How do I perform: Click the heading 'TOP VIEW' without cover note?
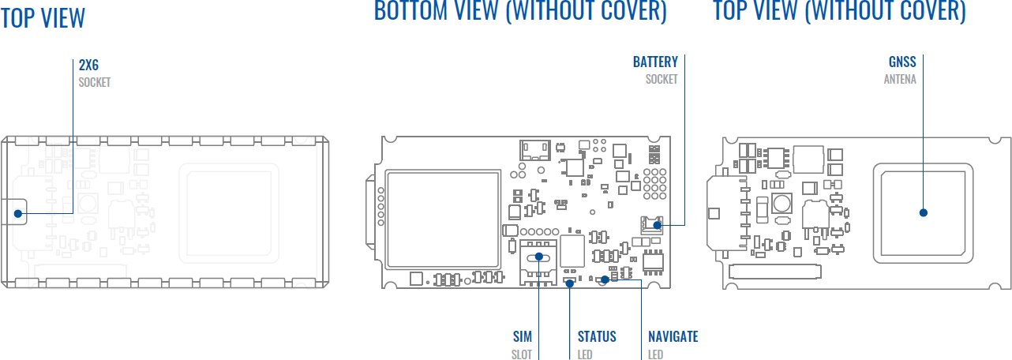[x=43, y=17]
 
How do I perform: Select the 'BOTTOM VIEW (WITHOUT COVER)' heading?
[x=520, y=11]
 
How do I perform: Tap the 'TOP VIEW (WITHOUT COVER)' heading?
[x=839, y=11]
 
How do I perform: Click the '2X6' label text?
[x=88, y=66]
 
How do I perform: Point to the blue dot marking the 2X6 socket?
[x=17, y=212]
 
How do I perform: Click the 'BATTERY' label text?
[x=655, y=62]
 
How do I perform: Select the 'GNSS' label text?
[x=902, y=62]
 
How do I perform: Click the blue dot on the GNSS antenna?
[x=923, y=212]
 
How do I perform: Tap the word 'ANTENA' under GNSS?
[x=900, y=80]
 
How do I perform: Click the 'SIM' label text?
[x=523, y=337]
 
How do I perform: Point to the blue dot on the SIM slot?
[x=539, y=257]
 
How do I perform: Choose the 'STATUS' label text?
[x=597, y=337]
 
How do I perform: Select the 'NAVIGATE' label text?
[x=673, y=337]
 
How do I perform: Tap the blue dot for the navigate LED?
[x=605, y=278]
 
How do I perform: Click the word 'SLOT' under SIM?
[x=522, y=354]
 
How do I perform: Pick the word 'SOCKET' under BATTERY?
[x=662, y=80]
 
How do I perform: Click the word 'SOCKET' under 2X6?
[x=95, y=82]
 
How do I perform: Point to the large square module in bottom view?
[x=443, y=217]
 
